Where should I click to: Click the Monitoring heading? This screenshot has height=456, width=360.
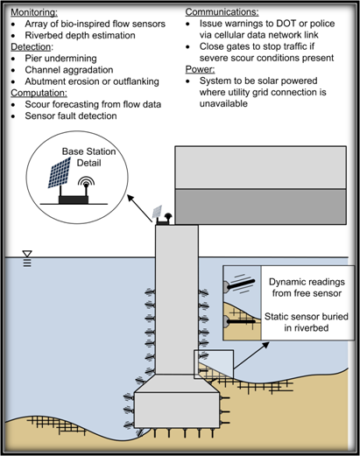pyautogui.click(x=34, y=12)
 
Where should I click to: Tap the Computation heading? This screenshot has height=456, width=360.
pyautogui.click(x=39, y=93)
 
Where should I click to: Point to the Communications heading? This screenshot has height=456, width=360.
pyautogui.click(x=222, y=12)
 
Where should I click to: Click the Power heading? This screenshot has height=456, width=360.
pyautogui.click(x=200, y=70)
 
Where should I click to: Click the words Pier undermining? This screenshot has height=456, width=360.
pyautogui.click(x=60, y=59)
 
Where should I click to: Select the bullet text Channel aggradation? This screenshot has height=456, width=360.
pyautogui.click(x=69, y=70)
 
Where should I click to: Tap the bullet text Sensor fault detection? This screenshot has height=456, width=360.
pyautogui.click(x=71, y=116)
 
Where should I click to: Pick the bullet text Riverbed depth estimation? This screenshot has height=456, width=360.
pyautogui.click(x=80, y=36)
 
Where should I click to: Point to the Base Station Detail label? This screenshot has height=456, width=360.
pyautogui.click(x=88, y=158)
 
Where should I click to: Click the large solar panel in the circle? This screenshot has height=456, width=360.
pyautogui.click(x=60, y=172)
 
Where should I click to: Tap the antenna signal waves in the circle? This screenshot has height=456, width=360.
pyautogui.click(x=86, y=181)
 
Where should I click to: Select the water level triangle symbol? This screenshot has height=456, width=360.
pyautogui.click(x=27, y=254)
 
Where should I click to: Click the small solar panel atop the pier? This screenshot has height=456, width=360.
pyautogui.click(x=157, y=212)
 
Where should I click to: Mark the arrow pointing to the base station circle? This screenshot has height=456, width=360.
pyautogui.click(x=140, y=208)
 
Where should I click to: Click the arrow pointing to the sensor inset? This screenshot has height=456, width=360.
pyautogui.click(x=251, y=355)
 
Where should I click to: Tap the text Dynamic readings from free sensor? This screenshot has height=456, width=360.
pyautogui.click(x=307, y=288)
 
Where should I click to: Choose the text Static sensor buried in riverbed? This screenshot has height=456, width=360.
pyautogui.click(x=307, y=322)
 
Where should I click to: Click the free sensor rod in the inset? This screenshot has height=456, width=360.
pyautogui.click(x=241, y=284)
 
